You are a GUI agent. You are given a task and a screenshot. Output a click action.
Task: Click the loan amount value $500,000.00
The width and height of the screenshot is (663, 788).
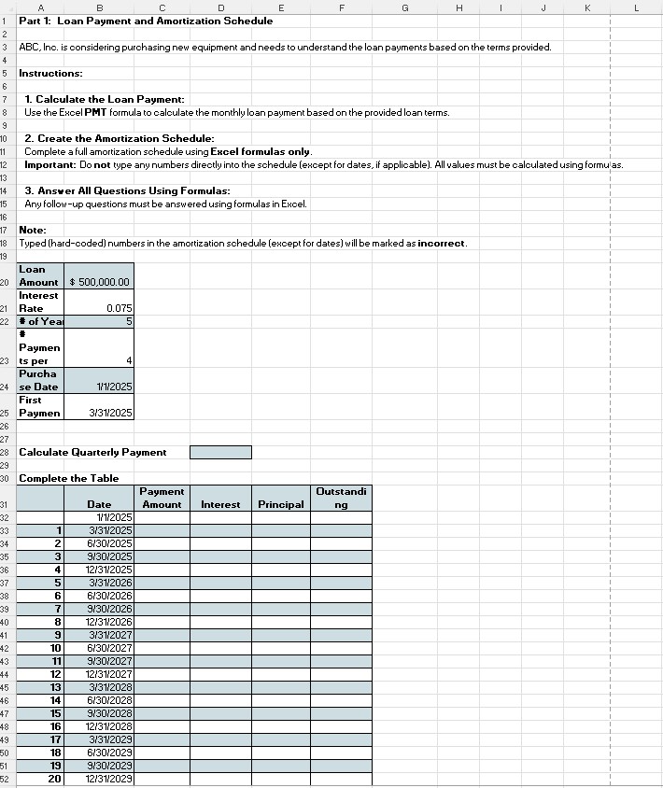coord(100,282)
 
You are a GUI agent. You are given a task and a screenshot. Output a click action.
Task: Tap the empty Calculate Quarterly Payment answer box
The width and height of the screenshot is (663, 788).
coord(220,452)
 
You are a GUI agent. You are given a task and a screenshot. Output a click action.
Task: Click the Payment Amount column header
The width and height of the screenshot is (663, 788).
coord(162,498)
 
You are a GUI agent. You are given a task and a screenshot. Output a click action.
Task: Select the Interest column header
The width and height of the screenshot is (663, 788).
coord(220,504)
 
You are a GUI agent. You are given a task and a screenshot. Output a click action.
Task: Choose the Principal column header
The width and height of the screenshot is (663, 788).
coord(280,504)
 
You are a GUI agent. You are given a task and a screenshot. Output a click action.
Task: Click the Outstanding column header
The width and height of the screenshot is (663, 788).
coord(341,498)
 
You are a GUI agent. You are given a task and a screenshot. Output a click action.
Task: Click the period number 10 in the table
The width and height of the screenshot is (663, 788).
coord(55,647)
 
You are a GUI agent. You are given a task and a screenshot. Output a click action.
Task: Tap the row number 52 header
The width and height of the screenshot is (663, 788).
coord(6,779)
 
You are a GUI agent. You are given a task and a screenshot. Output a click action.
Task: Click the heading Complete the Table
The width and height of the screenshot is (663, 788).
coord(68,478)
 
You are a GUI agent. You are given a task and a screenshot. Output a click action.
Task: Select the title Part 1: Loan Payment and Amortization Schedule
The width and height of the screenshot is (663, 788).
coord(146,21)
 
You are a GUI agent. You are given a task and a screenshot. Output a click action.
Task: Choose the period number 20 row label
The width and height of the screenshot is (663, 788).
coord(55,779)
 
